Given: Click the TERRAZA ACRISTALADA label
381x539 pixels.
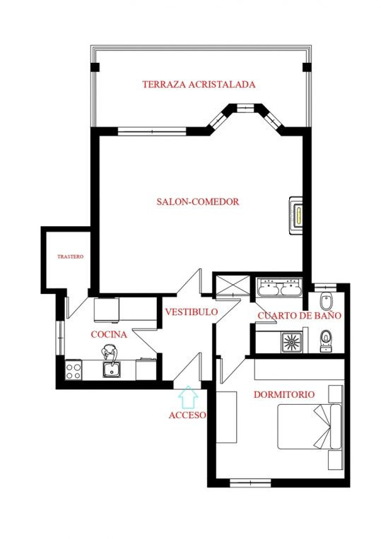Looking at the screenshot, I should coord(198,84).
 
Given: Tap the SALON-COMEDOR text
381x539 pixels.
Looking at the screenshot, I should coord(197,201).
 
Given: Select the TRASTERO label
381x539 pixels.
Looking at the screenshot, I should coord(70,257).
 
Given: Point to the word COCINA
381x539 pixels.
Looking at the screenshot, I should coord(109,334).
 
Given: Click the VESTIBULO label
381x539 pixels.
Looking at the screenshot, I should coord(191,312).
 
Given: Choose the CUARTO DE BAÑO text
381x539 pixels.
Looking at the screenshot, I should coord(299,316).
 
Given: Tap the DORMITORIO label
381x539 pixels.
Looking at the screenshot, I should coord(284,393).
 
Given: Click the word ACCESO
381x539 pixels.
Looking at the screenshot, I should coord(187,415).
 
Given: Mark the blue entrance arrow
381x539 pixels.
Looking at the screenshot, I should coord(187,397).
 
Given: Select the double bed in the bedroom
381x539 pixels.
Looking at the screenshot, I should coord(310,427).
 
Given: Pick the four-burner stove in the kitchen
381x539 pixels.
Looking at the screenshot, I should coord(73,369).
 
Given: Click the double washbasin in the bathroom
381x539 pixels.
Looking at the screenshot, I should coord(280,288).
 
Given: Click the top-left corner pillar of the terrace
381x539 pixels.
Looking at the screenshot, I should coord(94,67).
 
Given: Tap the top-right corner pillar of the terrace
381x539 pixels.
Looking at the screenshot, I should coord(306,67).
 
